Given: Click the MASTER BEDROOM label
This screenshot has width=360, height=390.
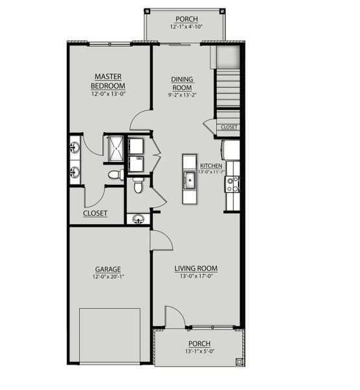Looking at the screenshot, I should (109, 81).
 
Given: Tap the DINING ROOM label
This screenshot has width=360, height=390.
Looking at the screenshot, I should (182, 83).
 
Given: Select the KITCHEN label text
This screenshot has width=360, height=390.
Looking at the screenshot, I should (211, 165).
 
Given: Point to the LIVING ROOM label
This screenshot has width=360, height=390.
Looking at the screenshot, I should (195, 268).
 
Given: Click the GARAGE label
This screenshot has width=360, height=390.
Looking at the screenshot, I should (108, 268).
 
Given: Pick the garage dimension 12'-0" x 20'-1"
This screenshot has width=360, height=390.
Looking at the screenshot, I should (108, 276).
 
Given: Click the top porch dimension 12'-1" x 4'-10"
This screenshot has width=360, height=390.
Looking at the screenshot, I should (187, 27).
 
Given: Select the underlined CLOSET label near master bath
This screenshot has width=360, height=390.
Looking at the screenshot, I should (95, 213).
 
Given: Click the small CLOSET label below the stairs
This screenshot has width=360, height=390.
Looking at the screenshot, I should (229, 127).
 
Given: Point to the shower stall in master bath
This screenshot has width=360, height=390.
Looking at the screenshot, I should (114, 149).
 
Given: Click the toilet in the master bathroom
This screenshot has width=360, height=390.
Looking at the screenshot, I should (115, 174).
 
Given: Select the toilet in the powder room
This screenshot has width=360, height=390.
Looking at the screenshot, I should (138, 187).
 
